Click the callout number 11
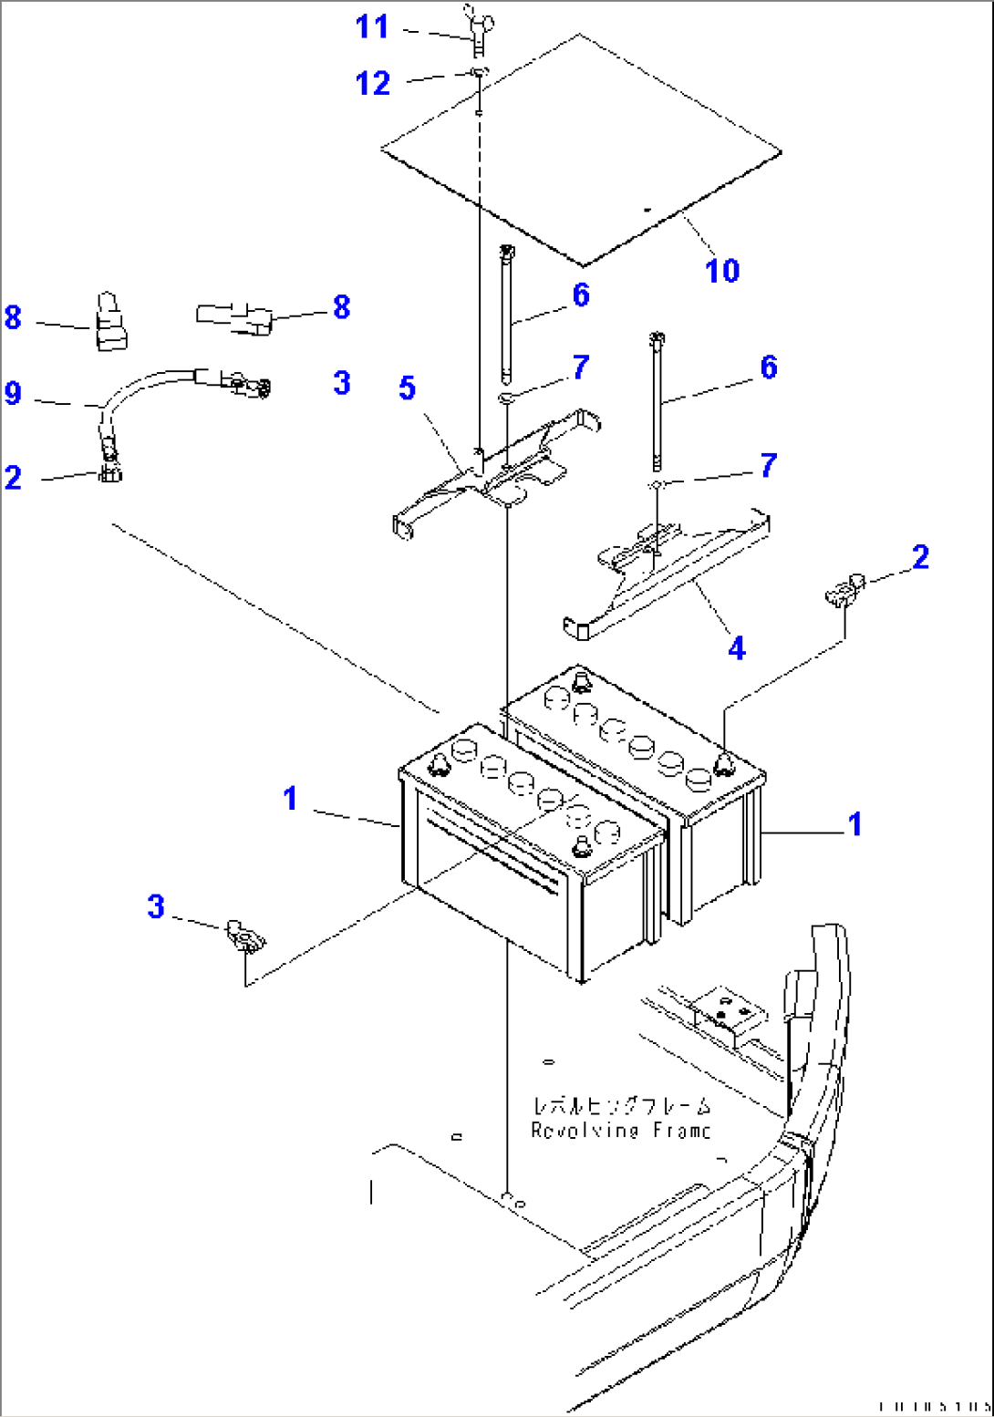pos(372,26)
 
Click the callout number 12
pos(372,84)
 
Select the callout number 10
pos(722,270)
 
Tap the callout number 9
pos(13,393)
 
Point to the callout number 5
pos(407,388)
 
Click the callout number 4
pos(737,648)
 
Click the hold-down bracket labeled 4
pos(666,570)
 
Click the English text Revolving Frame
pos(621,1131)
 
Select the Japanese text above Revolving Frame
pos(621,1106)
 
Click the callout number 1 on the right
pos(854,823)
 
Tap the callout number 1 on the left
pos(290,799)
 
